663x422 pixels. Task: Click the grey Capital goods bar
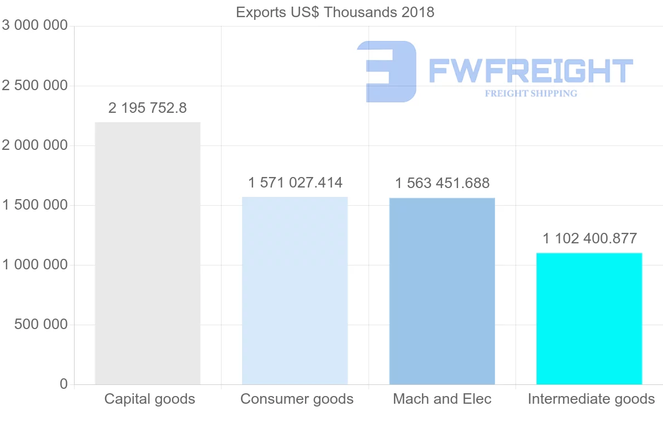[148, 253]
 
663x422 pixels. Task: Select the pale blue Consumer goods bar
[295, 290]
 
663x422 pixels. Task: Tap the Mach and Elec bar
[442, 291]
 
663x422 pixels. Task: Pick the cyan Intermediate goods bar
[590, 319]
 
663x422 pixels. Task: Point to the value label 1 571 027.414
[295, 183]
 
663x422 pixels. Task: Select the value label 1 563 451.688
[442, 183]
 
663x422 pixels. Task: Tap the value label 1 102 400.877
[590, 238]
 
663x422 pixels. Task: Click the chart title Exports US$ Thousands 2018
[335, 12]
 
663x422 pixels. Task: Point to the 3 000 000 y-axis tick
[35, 25]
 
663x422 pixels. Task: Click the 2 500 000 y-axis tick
[35, 86]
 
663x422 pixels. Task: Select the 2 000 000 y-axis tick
[35, 145]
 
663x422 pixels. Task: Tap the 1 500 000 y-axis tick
[35, 205]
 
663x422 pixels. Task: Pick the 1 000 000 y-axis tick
[35, 265]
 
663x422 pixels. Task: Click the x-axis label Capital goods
[150, 399]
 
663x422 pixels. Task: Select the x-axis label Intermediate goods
[591, 399]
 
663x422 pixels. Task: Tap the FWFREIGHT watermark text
[530, 71]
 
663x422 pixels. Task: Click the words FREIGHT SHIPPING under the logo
[531, 93]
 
